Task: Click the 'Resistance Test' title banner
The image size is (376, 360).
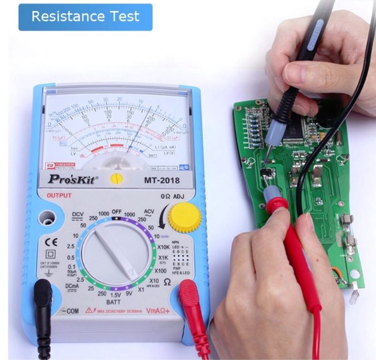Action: [85, 17]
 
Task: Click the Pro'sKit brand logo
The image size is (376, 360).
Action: [73, 179]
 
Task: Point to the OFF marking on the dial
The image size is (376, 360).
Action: [117, 211]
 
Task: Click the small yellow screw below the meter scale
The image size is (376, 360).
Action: [116, 179]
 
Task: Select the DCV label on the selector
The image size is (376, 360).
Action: [78, 215]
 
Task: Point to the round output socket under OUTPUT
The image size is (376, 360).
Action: [46, 218]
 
